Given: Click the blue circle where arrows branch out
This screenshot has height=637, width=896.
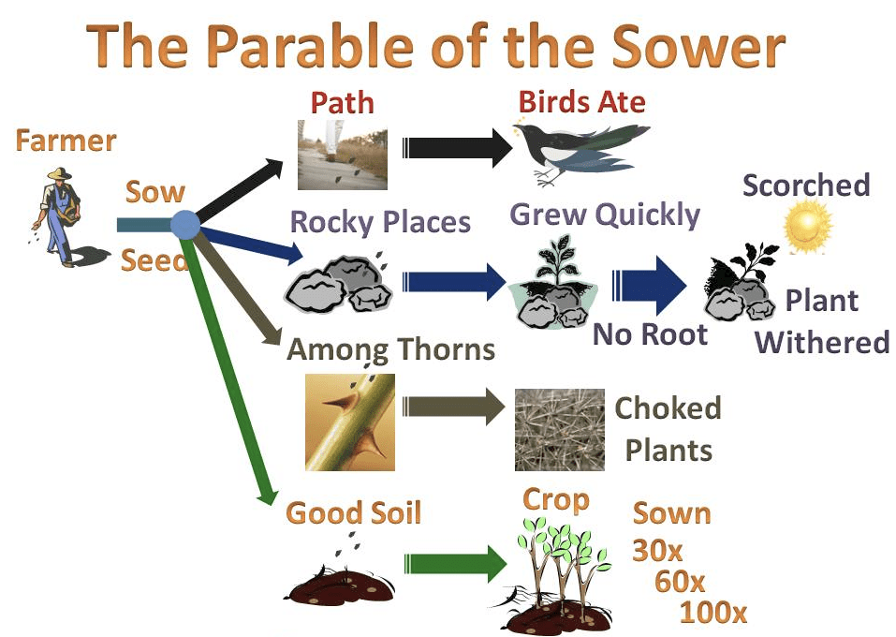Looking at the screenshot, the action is [185, 225].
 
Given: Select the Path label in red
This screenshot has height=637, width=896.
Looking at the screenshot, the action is [343, 103].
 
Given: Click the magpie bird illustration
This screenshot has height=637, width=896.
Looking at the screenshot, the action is [580, 152].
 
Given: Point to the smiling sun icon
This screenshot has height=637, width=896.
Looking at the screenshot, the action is [807, 226].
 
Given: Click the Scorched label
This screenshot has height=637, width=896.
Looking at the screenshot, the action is [806, 185].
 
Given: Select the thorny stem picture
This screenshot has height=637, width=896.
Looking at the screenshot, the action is [350, 422].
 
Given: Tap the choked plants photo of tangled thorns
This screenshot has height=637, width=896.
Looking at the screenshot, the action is [560, 429].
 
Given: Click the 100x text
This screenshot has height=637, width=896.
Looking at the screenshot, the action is [713, 613].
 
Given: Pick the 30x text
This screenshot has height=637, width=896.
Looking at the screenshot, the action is [657, 551].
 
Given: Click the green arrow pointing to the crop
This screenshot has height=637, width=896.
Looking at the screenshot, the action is [455, 563].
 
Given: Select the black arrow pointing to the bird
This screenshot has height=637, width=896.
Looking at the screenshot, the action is [457, 147].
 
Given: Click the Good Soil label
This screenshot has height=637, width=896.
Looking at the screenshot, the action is [353, 512].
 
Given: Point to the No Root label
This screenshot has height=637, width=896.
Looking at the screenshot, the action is [651, 333].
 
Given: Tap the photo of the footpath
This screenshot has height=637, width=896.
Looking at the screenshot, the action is [343, 155].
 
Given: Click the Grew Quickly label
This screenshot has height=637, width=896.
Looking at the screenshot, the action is [605, 216].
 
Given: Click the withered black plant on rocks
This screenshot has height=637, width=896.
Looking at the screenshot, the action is [741, 281].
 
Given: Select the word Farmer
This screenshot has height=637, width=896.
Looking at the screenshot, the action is [66, 141].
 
